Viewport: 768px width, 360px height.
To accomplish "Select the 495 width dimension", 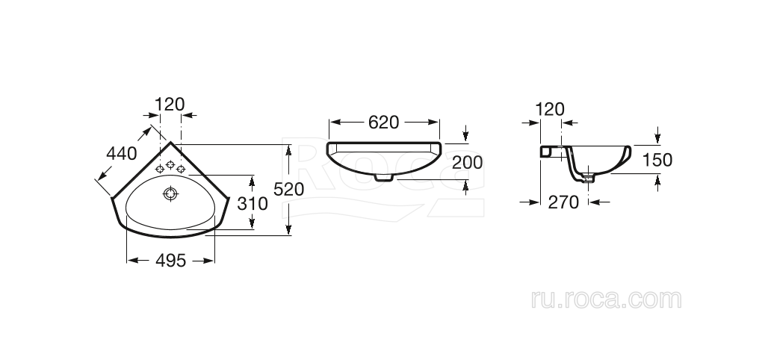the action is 171,261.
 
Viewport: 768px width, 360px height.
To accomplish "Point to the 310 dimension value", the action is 253,203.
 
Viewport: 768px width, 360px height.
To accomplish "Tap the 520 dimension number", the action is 289,189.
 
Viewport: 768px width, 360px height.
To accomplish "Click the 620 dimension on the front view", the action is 384,122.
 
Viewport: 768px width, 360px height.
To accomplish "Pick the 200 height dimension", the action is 467,162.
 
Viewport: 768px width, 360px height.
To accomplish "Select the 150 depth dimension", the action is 657,160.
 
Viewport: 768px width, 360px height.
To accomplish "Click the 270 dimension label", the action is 563,202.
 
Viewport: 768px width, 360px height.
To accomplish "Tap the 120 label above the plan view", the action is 170,105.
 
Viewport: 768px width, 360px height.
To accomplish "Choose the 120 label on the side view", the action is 550,109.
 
